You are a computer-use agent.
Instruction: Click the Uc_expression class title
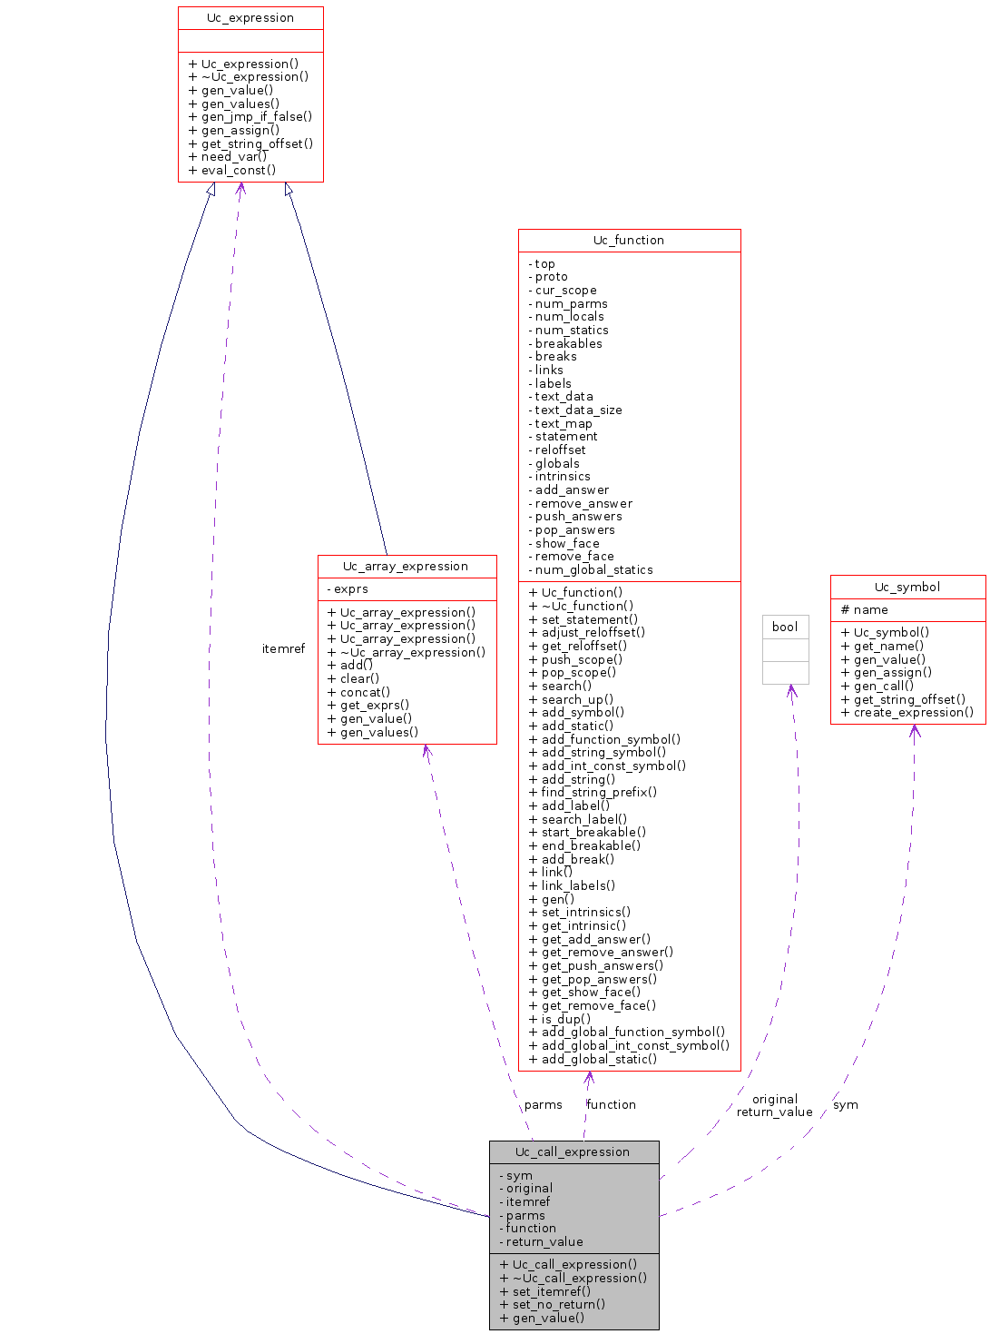(x=250, y=18)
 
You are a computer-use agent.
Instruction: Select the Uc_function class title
(x=629, y=241)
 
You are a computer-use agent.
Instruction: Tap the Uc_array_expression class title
(x=406, y=567)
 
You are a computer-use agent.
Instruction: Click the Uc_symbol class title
(x=907, y=588)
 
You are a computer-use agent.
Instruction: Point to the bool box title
(x=785, y=627)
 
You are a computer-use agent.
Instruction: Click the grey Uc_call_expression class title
(x=573, y=1152)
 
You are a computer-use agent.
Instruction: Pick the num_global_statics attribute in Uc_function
(x=593, y=570)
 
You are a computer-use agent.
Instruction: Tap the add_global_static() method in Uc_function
(x=599, y=1060)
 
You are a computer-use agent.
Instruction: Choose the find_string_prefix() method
(x=599, y=793)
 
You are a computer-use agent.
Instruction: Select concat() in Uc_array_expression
(x=365, y=692)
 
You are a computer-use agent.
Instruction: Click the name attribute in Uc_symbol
(x=870, y=610)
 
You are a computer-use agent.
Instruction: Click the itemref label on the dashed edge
(x=283, y=649)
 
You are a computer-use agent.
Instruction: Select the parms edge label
(x=543, y=1105)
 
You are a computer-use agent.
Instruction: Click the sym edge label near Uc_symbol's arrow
(x=845, y=1105)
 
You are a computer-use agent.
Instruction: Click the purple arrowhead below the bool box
(x=792, y=691)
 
